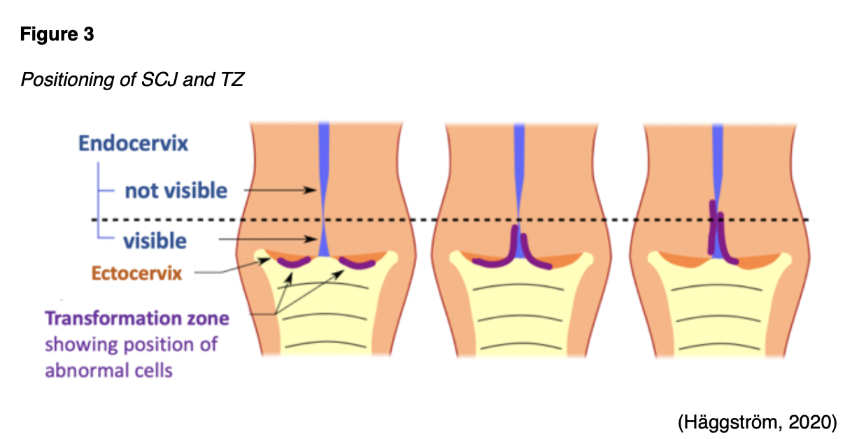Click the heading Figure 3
57,36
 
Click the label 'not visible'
176,190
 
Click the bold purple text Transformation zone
137,319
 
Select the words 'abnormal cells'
108,370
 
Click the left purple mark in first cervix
294,263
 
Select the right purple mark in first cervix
355,264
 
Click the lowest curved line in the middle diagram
518,343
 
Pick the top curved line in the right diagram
716,287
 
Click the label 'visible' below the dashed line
155,241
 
